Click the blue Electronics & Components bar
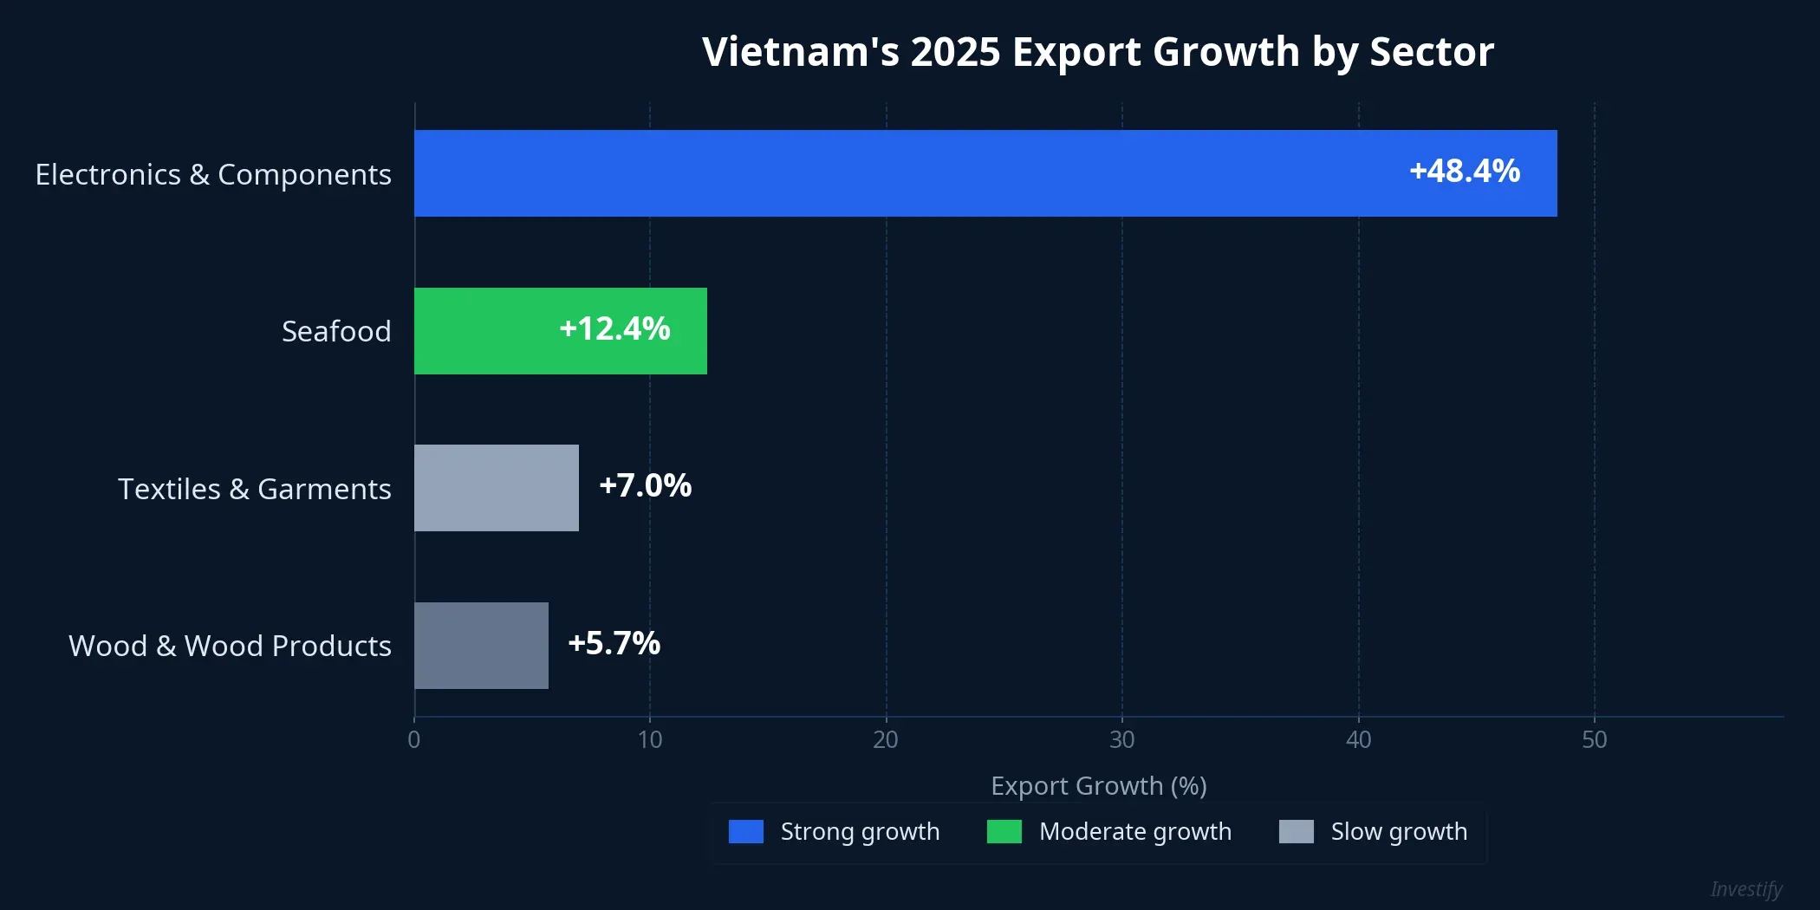tap(985, 173)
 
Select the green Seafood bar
tap(485, 331)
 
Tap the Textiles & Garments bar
tap(496, 488)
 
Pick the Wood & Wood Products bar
tap(481, 646)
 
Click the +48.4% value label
tap(1465, 172)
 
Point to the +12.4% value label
tap(614, 329)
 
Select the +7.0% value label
tap(645, 486)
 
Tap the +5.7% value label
tap(614, 644)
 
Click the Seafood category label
tap(336, 331)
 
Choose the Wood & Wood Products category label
tap(230, 646)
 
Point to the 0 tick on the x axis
tap(414, 739)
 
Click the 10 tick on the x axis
tap(650, 739)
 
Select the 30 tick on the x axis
tap(1122, 739)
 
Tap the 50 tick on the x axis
tap(1594, 739)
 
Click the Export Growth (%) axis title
tap(1098, 786)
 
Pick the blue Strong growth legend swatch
tap(746, 832)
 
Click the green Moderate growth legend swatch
tap(1004, 832)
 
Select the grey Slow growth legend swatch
tap(1296, 832)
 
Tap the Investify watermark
tap(1745, 889)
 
